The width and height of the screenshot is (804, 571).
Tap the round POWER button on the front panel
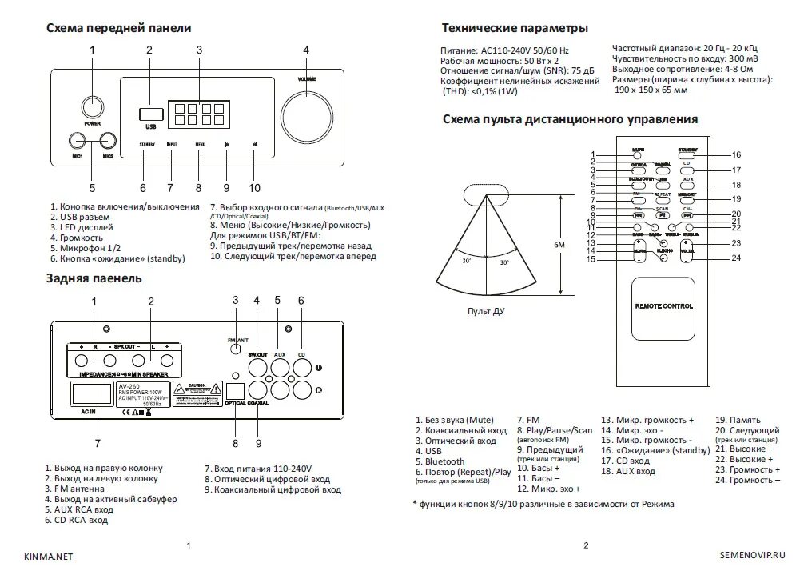(x=92, y=107)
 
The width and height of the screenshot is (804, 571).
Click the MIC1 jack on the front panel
(x=78, y=142)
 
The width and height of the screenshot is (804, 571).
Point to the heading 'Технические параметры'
(x=515, y=28)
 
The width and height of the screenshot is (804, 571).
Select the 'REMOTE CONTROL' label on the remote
(x=663, y=306)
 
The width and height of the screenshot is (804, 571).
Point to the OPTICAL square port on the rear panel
(x=237, y=390)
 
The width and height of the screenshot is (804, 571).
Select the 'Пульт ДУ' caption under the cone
(x=486, y=311)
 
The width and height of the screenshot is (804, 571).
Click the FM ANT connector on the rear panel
(x=235, y=349)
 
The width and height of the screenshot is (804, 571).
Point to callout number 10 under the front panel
(x=254, y=188)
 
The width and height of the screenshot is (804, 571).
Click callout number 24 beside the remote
(x=736, y=258)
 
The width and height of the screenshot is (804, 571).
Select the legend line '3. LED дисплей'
(x=82, y=227)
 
